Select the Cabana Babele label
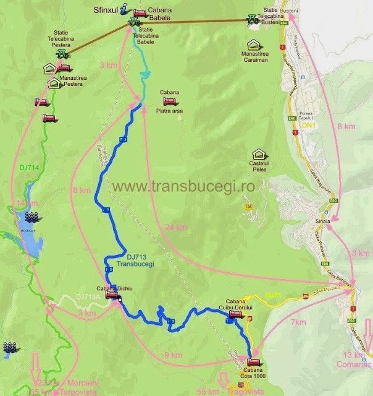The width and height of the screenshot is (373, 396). click(160, 14)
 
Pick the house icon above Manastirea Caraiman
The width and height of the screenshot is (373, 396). click(253, 45)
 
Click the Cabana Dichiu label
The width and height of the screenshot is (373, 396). click(111, 288)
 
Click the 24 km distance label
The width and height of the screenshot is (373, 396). click(176, 228)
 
